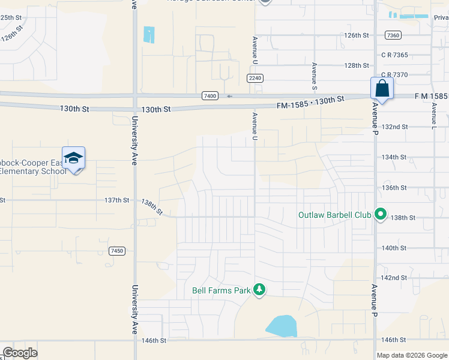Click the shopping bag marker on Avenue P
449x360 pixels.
click(382, 89)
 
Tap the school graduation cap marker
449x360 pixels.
click(73, 159)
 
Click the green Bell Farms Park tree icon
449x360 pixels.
click(259, 290)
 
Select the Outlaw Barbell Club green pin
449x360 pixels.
click(380, 214)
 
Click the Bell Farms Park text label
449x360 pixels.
click(221, 291)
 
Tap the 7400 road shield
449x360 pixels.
click(209, 96)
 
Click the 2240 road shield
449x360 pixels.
click(255, 79)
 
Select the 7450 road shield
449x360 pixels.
click(117, 251)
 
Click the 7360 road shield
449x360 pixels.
click(393, 35)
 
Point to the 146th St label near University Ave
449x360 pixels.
click(154, 341)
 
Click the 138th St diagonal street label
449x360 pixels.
click(152, 208)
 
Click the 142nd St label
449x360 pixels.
click(394, 278)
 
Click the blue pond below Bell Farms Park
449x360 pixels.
click(281, 326)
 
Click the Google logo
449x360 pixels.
click(20, 353)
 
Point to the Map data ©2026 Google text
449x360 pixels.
click(412, 355)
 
